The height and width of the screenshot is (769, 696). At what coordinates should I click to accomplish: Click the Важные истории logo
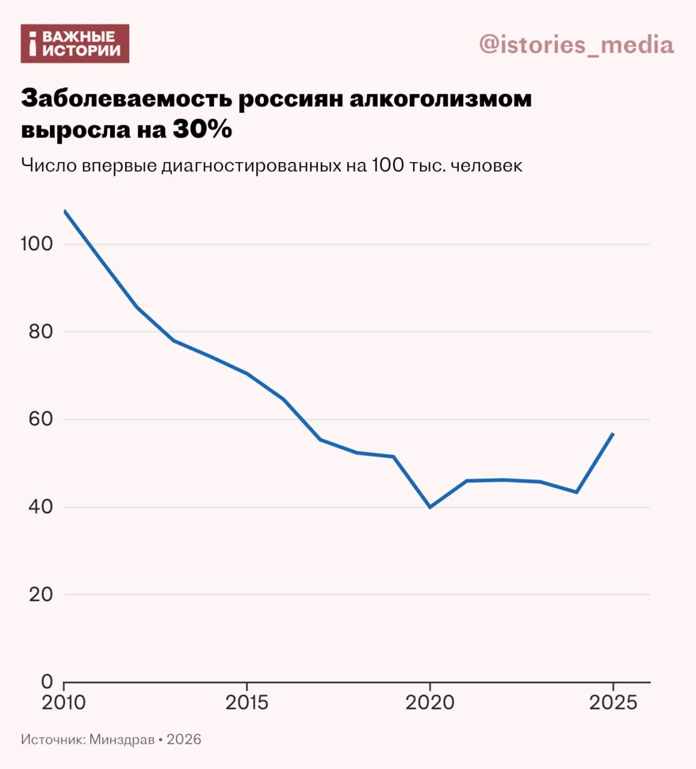point(75,43)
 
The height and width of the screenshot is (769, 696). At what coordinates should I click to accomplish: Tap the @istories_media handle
point(576,44)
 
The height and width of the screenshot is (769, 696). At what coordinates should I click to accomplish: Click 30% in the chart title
point(202,129)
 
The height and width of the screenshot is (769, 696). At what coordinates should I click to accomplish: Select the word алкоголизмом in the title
point(440,99)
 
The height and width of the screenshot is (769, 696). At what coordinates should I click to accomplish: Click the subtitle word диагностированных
point(251,165)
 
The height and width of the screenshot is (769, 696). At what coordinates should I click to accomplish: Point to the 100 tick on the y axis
point(37,244)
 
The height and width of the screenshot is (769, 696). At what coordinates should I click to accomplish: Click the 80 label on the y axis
point(41,332)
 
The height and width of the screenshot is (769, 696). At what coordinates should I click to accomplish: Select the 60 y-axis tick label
point(41,419)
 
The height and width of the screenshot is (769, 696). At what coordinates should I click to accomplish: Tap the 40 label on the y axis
point(41,506)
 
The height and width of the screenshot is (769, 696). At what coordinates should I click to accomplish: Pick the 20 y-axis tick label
point(41,594)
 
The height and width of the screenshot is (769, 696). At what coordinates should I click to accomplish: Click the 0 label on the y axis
point(47,682)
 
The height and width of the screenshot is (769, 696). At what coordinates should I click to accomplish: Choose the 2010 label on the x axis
point(64,702)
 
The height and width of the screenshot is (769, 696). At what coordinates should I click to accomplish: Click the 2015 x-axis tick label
point(247,702)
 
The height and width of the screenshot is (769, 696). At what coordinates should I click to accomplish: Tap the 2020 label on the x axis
point(430,702)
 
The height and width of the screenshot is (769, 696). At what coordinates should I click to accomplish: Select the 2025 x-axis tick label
point(612,702)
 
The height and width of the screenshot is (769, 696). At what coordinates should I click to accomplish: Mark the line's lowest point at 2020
point(430,507)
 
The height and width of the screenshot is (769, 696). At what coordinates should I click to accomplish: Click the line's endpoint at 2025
point(612,434)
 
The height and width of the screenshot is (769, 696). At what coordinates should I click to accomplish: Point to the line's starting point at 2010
point(64,211)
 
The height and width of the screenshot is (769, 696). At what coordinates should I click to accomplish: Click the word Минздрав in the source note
point(122,739)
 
